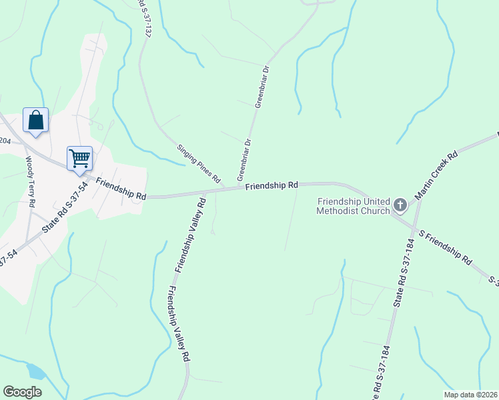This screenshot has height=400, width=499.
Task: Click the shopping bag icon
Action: (x=36, y=121)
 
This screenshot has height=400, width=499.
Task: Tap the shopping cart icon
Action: (x=79, y=159)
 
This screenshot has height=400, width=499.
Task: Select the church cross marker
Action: (x=400, y=205)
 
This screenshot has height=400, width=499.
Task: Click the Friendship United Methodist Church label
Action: (x=353, y=207)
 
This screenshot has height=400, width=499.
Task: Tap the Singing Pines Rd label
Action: (x=198, y=163)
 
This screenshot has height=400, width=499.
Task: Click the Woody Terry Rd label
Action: (x=30, y=181)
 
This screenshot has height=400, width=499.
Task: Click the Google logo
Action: (x=22, y=392)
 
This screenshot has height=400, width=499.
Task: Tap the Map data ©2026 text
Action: (x=470, y=394)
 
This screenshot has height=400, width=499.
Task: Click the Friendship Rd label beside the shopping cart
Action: (x=121, y=189)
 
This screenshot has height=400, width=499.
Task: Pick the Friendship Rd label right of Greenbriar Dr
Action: (x=271, y=186)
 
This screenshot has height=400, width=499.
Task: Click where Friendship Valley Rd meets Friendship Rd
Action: (x=203, y=194)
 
